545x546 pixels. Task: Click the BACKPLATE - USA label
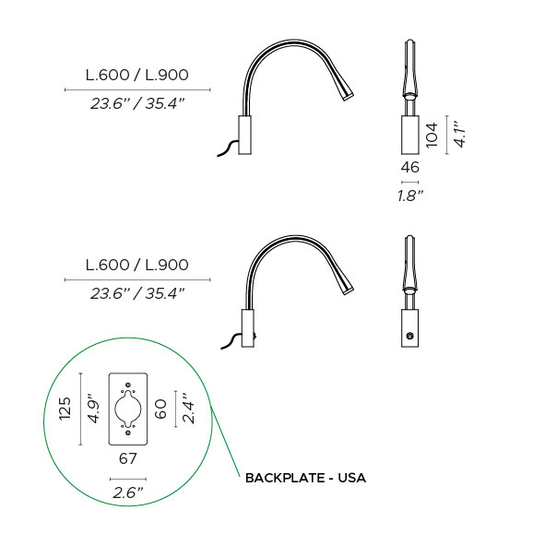pyautogui.click(x=305, y=478)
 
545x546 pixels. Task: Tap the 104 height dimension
pyautogui.click(x=432, y=135)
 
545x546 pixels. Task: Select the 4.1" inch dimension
pyautogui.click(x=459, y=135)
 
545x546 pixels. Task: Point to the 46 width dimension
pyautogui.click(x=409, y=168)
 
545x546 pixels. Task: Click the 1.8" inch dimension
pyautogui.click(x=410, y=196)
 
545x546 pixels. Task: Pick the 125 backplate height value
pyautogui.click(x=65, y=409)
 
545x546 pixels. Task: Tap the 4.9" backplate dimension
pyautogui.click(x=93, y=409)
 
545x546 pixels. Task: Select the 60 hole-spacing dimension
pyautogui.click(x=160, y=409)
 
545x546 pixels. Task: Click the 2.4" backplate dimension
pyautogui.click(x=188, y=409)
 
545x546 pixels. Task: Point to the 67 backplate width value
pyautogui.click(x=128, y=458)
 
